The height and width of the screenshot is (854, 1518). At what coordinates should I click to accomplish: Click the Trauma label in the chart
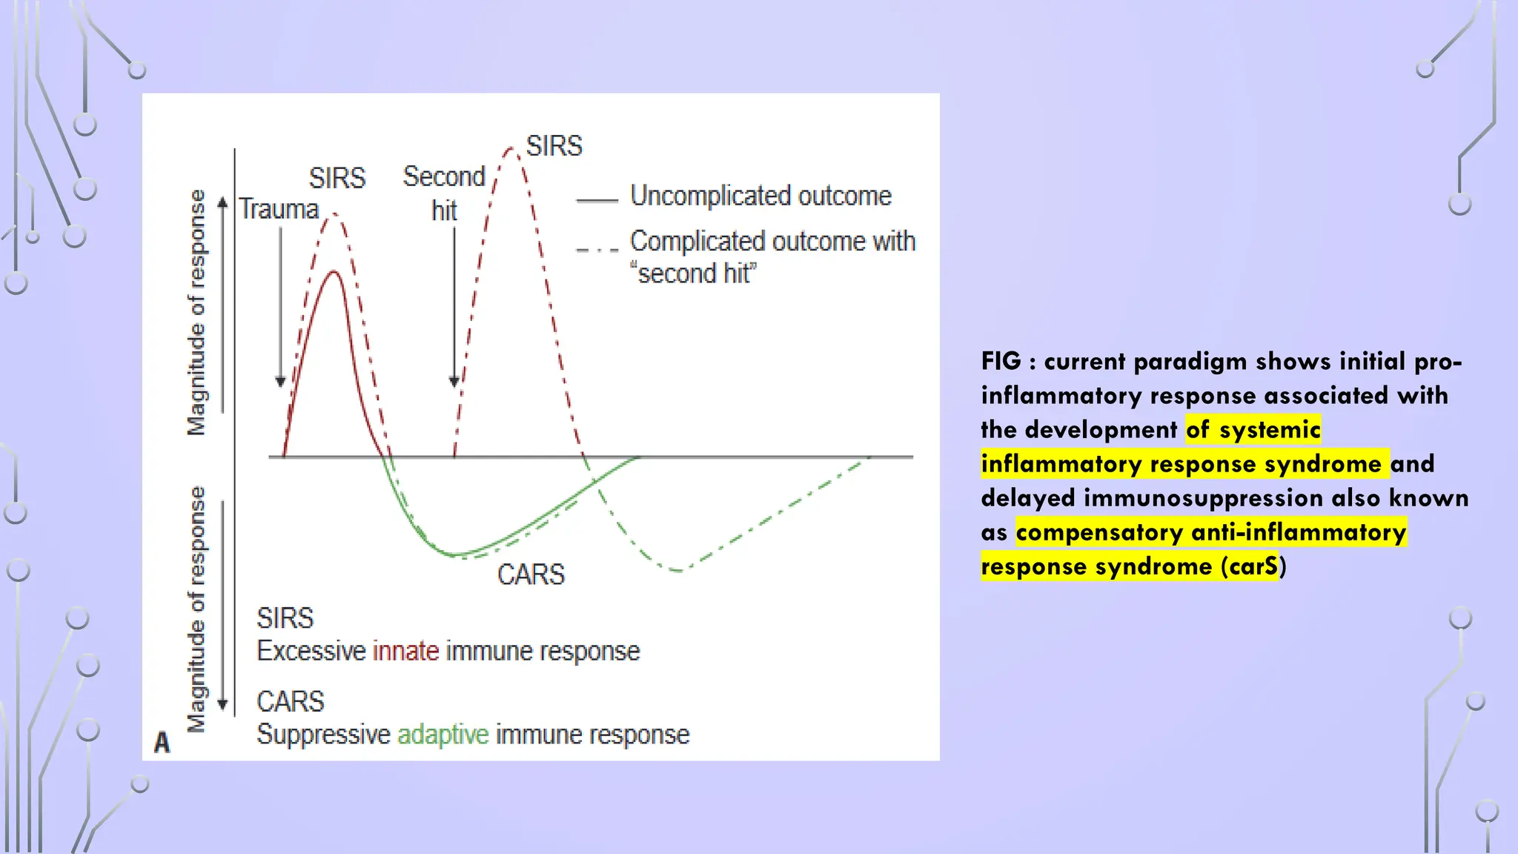pos(278,209)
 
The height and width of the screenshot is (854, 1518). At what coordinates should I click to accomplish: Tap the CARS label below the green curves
pos(531,575)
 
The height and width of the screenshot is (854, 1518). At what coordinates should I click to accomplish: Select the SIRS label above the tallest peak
pos(554,146)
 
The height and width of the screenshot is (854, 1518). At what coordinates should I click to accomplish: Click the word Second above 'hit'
pos(443,176)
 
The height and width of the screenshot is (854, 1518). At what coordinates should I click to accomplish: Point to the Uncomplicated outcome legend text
pos(760,196)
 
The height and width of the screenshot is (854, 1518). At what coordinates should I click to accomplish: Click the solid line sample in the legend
pos(597,200)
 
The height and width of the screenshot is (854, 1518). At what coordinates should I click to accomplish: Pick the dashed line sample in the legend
pos(597,250)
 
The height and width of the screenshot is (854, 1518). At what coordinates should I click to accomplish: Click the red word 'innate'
pos(405,651)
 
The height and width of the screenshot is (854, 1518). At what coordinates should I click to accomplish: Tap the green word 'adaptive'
pos(443,735)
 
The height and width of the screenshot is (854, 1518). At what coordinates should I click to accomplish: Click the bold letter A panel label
pos(162,742)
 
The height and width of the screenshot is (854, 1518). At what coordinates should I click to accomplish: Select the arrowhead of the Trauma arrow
pos(280,382)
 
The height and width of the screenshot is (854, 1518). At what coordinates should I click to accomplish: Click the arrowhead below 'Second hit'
pos(454,382)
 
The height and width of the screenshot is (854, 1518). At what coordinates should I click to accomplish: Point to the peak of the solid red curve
pos(334,272)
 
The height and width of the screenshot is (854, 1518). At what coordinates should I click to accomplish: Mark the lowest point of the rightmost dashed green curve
pos(678,570)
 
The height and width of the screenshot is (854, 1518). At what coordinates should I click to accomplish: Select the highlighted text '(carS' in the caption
pos(1249,566)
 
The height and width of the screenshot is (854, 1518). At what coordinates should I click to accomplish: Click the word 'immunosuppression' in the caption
pos(1203,497)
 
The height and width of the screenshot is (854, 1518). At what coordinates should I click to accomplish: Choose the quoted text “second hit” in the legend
pos(693,274)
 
